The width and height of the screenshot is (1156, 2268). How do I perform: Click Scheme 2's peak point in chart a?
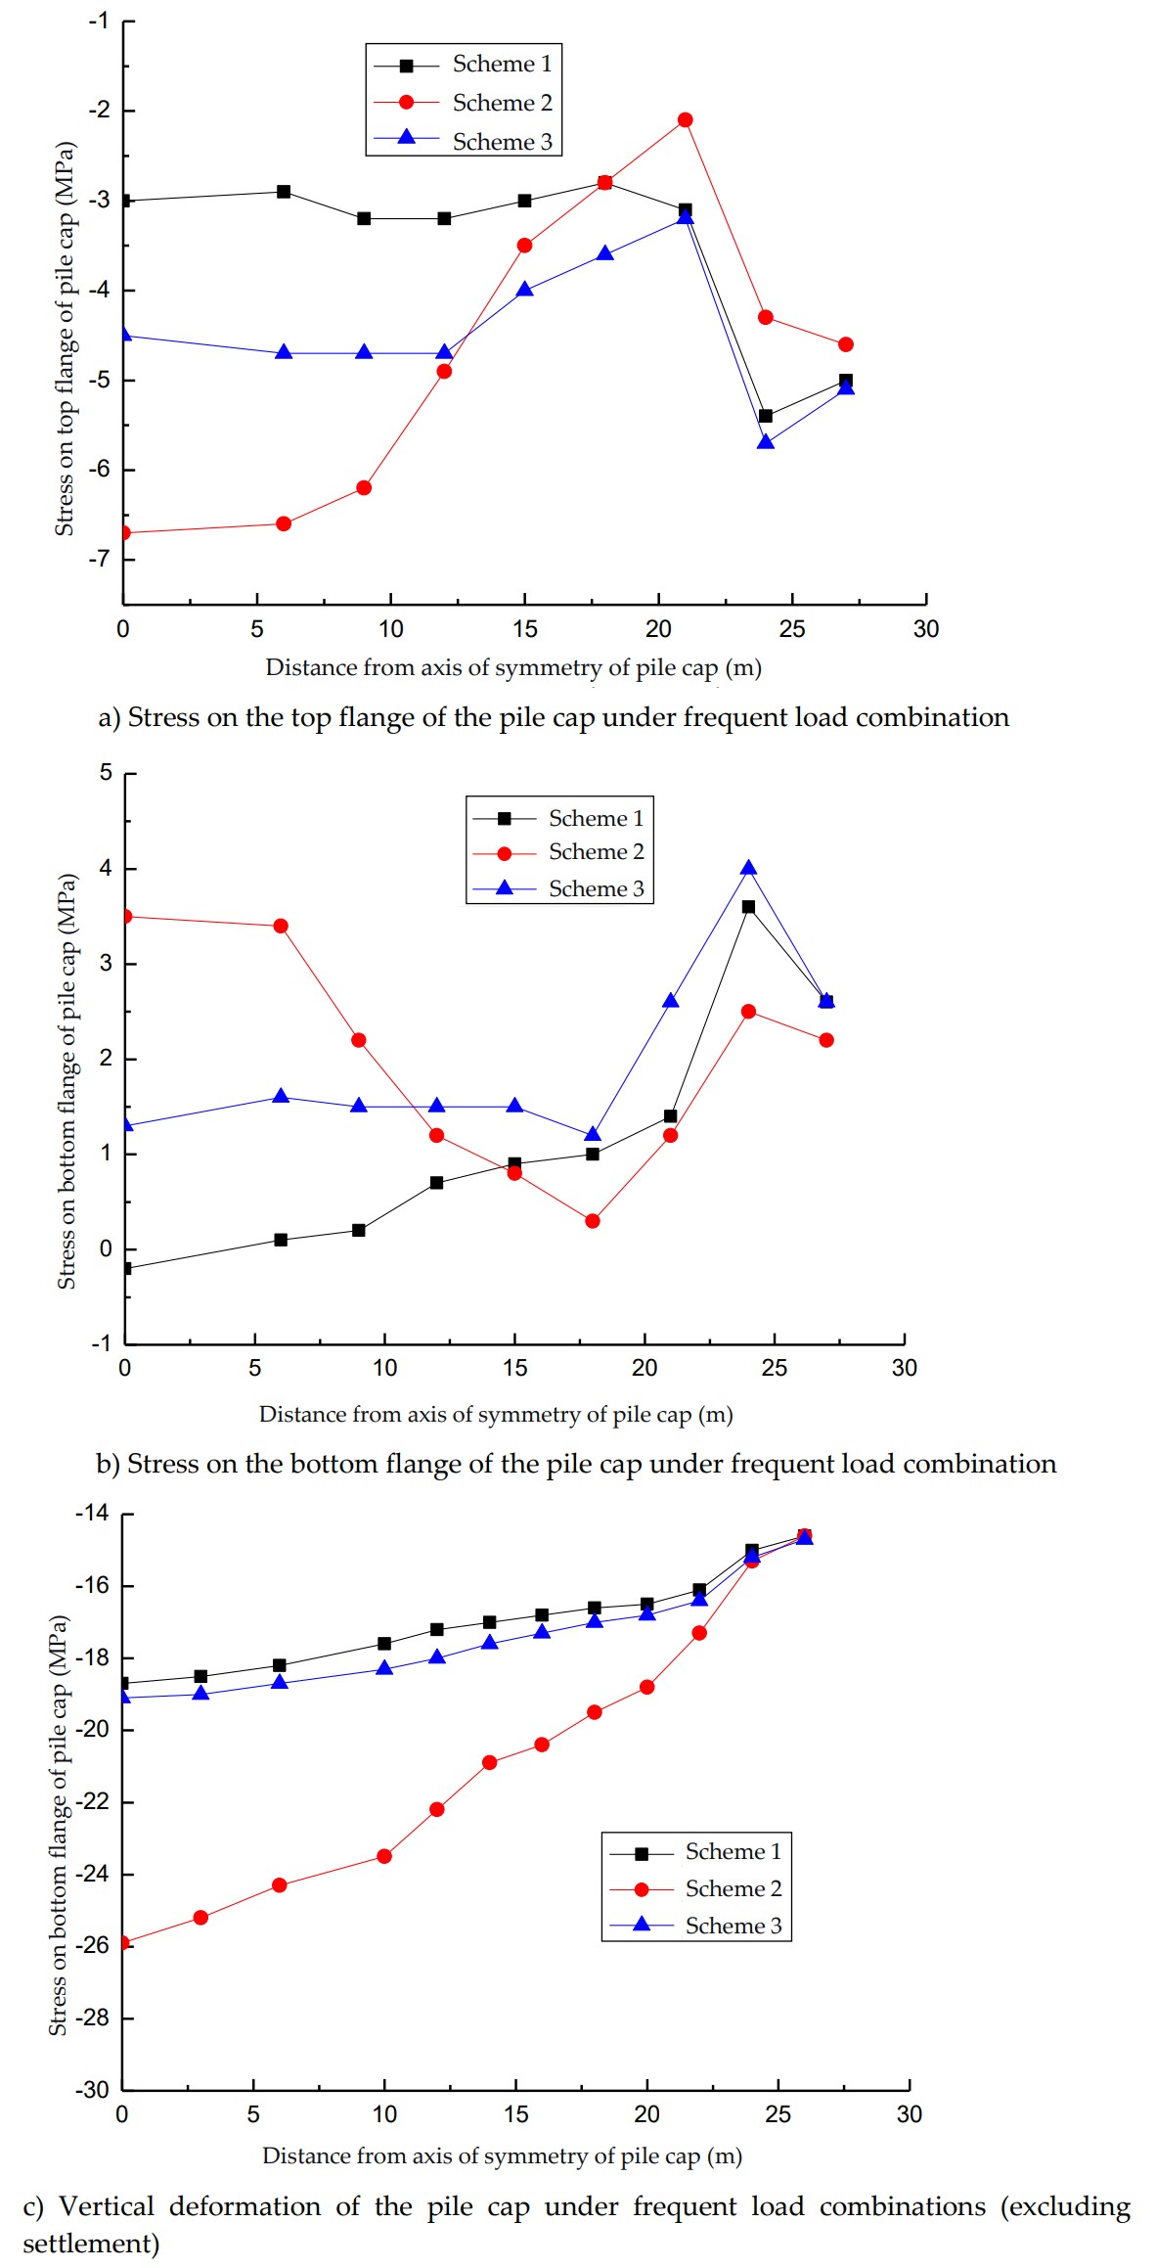(x=685, y=120)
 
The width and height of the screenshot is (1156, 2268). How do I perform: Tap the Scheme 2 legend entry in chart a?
(x=502, y=103)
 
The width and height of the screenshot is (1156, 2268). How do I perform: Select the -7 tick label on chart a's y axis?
(x=98, y=559)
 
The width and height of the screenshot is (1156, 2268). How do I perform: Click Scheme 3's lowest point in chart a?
(x=766, y=442)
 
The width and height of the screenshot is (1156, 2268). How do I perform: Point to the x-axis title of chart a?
(x=513, y=667)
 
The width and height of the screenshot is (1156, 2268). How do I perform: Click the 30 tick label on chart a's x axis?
(x=925, y=629)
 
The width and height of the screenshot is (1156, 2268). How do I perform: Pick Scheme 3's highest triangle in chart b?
(x=748, y=868)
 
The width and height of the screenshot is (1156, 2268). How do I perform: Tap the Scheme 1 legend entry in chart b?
(x=596, y=818)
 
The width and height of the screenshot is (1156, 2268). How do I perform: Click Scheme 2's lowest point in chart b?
(x=593, y=1221)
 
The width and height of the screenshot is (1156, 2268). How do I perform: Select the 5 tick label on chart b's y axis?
(x=106, y=773)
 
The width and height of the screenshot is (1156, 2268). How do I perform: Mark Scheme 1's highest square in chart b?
(x=748, y=907)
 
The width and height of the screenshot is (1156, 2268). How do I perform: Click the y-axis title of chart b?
(x=67, y=1081)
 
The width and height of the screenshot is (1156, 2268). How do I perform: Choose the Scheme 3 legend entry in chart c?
(x=733, y=1926)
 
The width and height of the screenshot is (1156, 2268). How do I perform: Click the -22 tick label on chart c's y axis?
(x=93, y=1801)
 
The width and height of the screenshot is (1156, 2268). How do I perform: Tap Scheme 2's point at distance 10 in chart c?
(x=384, y=1856)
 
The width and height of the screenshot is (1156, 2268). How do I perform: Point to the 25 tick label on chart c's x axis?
(x=778, y=2114)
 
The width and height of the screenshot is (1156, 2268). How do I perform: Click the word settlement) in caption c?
(x=91, y=2243)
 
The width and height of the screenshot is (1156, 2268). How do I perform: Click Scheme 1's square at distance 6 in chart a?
(x=284, y=192)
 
